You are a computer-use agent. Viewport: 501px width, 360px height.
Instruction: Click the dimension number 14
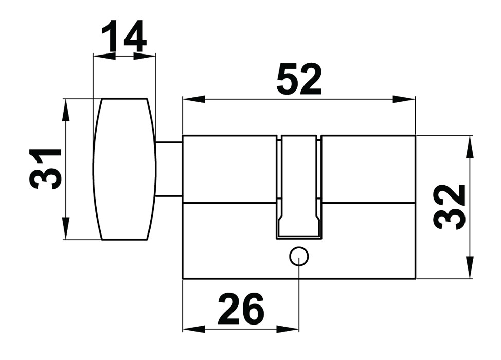coord(124,36)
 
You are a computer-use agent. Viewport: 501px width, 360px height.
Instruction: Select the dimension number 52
coord(299,79)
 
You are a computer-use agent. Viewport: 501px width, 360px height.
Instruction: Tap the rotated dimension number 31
coord(45,169)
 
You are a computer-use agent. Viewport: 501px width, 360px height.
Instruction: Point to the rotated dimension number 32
coord(449,207)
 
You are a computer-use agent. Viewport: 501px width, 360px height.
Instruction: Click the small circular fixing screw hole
coord(299,257)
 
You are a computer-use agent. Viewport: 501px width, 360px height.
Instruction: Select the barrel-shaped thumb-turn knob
coord(124,169)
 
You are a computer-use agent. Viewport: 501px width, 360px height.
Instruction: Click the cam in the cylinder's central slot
coord(299,187)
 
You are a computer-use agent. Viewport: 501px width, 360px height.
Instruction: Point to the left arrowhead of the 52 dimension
coord(193,99)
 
